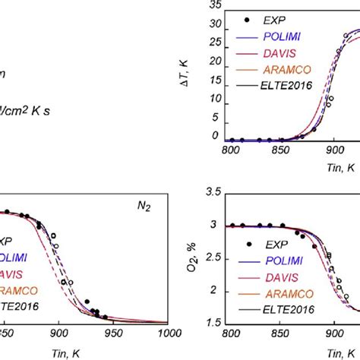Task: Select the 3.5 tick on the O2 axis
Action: [213, 194]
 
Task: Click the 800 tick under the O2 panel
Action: [229, 332]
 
